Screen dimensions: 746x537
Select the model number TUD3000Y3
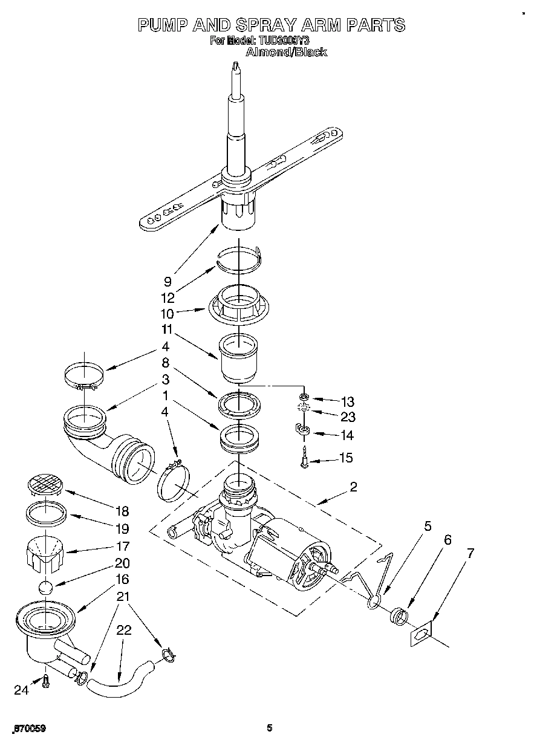click(288, 41)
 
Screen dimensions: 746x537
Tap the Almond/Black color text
click(287, 53)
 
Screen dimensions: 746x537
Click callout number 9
click(167, 281)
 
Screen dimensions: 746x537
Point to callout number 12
click(168, 298)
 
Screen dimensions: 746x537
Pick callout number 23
click(348, 417)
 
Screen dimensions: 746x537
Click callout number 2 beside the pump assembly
click(353, 487)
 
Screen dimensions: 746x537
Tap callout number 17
click(122, 546)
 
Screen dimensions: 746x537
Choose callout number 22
click(123, 630)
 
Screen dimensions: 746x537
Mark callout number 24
click(22, 690)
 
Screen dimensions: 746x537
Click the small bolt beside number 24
click(45, 681)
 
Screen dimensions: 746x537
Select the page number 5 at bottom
click(270, 728)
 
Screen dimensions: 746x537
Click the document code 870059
click(28, 728)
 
